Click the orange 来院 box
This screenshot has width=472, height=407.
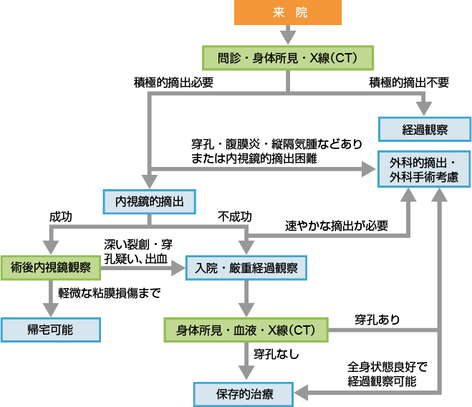(288, 13)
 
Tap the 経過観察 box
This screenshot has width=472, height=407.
(425, 129)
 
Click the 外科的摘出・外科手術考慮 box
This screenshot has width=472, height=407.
(424, 169)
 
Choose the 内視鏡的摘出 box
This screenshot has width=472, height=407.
(150, 202)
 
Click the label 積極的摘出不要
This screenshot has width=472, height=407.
(409, 82)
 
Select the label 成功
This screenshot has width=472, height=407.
(60, 216)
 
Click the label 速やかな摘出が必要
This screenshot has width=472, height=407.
(337, 226)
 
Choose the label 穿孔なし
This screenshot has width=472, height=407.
(276, 354)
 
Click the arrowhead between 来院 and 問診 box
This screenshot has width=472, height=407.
(288, 36)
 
